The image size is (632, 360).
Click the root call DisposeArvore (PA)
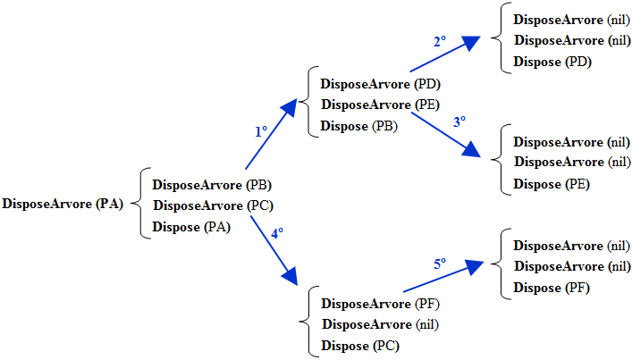[63, 204]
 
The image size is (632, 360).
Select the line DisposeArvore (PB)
[212, 186]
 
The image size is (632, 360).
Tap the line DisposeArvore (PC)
[212, 206]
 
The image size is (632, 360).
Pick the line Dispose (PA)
[191, 227]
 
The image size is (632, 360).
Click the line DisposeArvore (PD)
[380, 85]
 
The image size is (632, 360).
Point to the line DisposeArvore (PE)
[380, 105]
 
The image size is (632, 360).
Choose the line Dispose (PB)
[359, 126]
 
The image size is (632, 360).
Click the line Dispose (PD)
[552, 62]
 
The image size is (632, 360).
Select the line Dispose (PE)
[552, 185]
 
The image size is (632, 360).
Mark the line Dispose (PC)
[359, 346]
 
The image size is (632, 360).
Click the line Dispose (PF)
[552, 288]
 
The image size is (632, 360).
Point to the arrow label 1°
[261, 130]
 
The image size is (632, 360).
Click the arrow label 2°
[439, 41]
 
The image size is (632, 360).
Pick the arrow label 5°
[440, 264]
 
